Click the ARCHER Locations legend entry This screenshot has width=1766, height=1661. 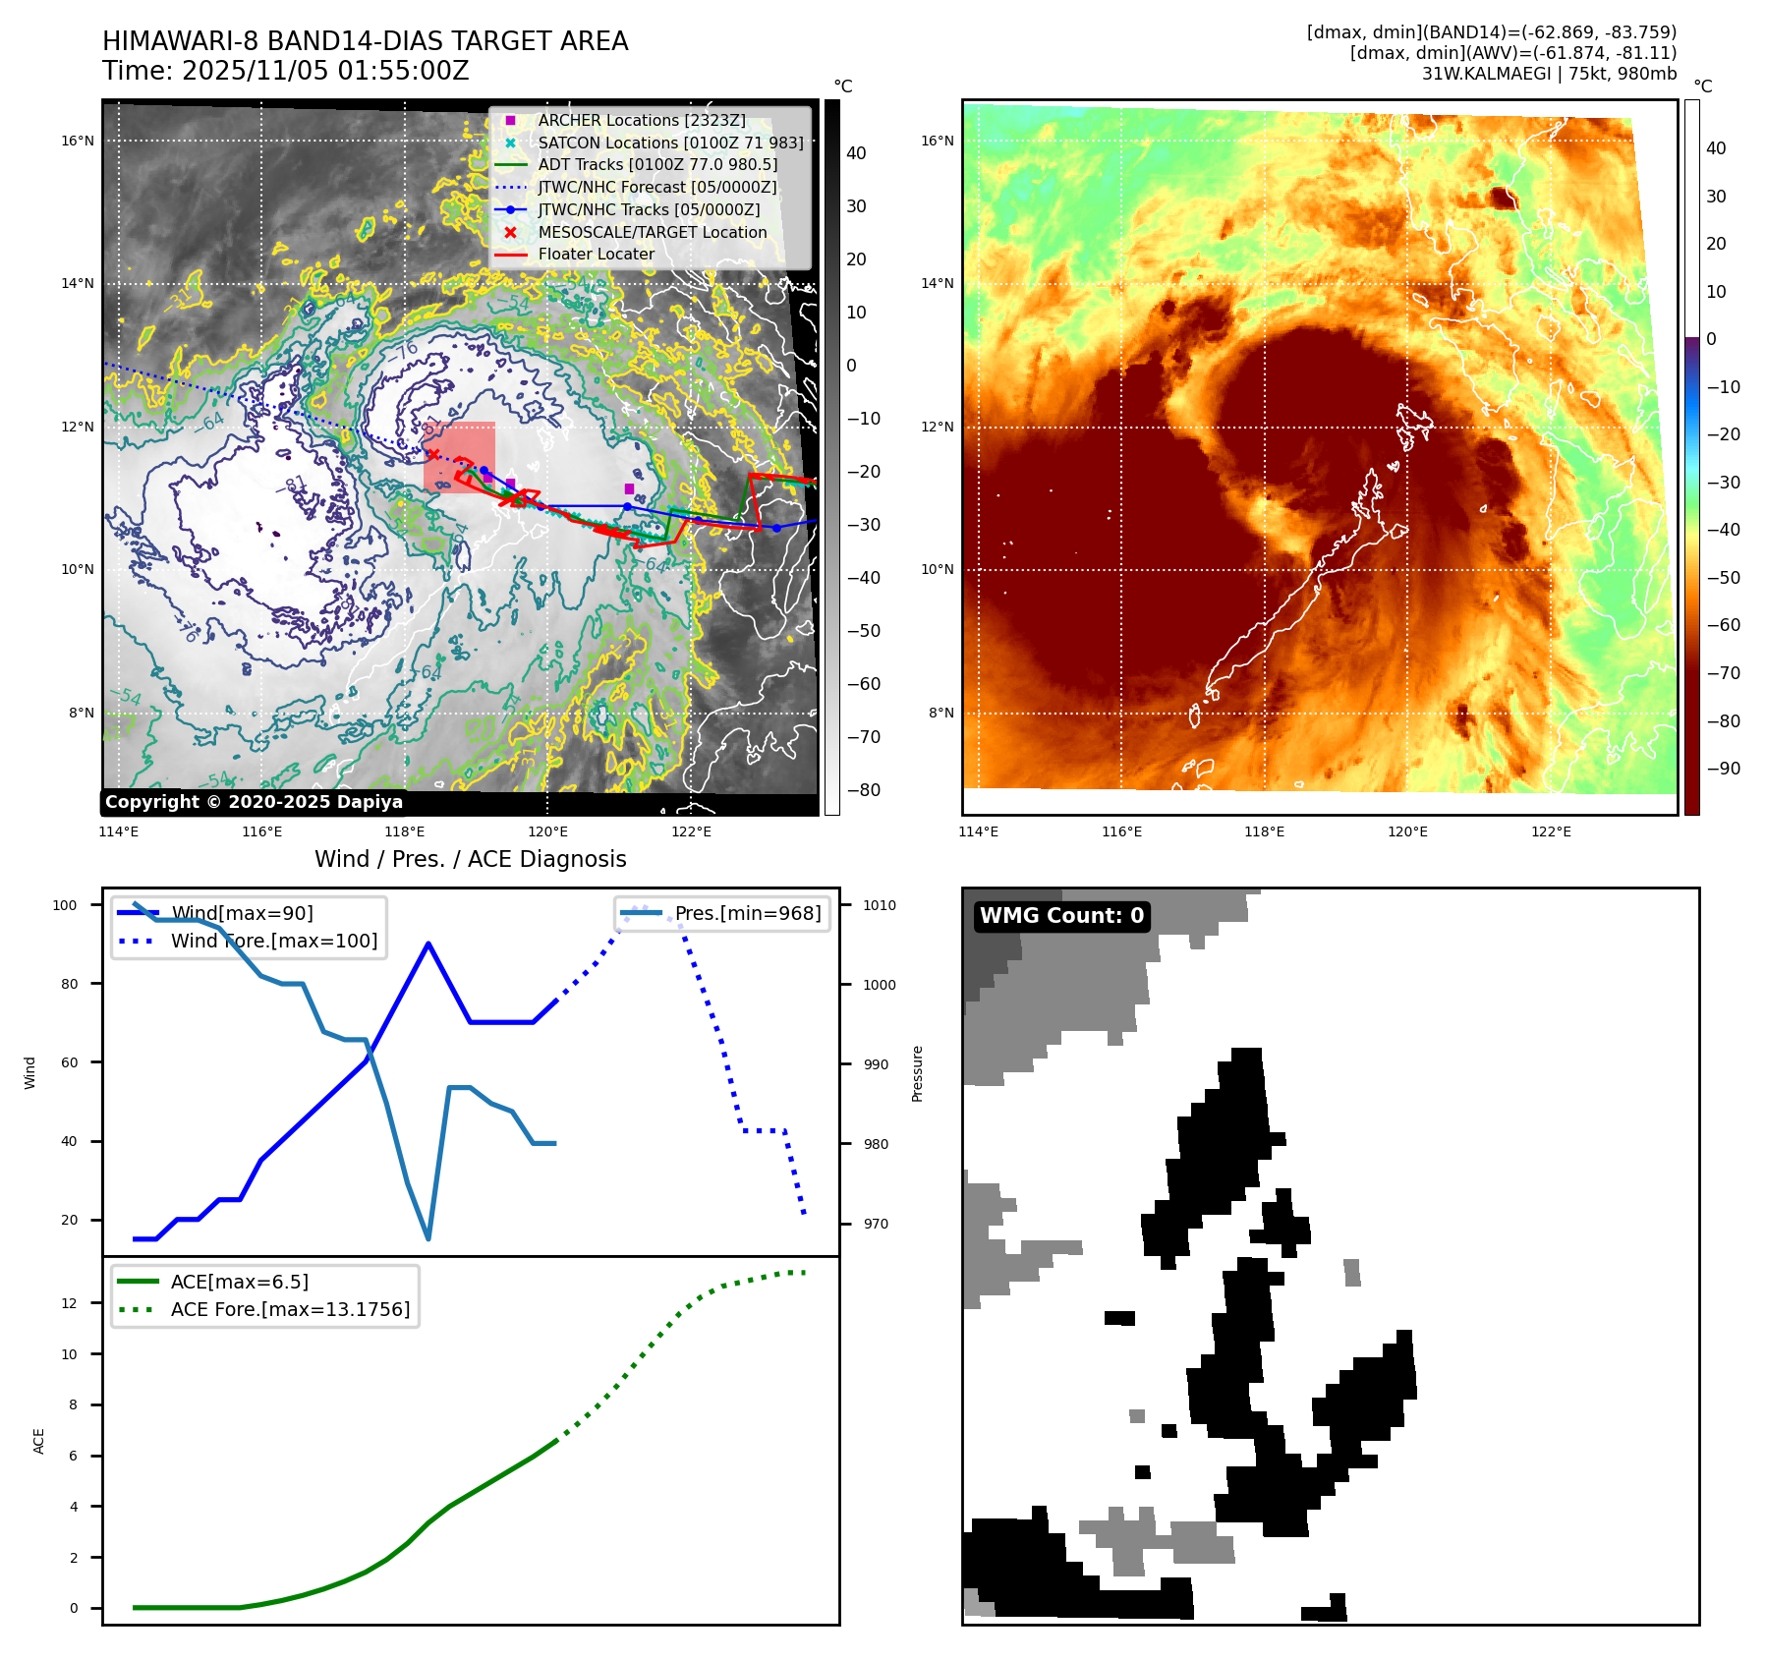[641, 120]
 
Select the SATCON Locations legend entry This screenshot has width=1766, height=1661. [670, 143]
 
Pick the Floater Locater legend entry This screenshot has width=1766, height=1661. [596, 254]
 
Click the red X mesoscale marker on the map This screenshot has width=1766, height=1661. [431, 454]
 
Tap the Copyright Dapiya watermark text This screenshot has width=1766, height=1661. [254, 802]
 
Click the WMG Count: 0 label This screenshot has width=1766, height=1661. [1061, 916]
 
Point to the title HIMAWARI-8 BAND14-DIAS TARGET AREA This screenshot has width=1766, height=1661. [365, 41]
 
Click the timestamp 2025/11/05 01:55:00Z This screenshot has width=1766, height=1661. [325, 71]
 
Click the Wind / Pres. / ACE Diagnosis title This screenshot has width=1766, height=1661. [470, 859]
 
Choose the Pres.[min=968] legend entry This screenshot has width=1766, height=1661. [747, 913]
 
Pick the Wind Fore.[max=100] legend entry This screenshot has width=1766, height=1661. [273, 941]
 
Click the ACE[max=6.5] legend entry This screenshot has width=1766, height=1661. [239, 1282]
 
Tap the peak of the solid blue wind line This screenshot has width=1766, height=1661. [428, 944]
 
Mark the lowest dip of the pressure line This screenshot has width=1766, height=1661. [428, 1238]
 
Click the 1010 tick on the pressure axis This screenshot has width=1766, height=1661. [880, 905]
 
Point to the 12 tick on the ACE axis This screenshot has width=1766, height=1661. [69, 1303]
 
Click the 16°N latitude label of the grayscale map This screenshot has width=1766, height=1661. [78, 141]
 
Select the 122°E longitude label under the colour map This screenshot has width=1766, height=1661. [1551, 831]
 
